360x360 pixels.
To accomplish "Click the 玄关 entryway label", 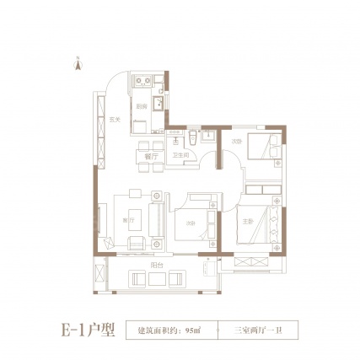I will (x=114, y=122).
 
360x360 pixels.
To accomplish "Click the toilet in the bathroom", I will (x=193, y=137).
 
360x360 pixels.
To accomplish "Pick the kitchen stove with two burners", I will (x=142, y=83).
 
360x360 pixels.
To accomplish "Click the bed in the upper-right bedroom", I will (x=266, y=153).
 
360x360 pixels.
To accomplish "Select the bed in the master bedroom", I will (x=260, y=223).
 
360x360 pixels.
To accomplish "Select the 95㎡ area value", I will (x=191, y=330).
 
